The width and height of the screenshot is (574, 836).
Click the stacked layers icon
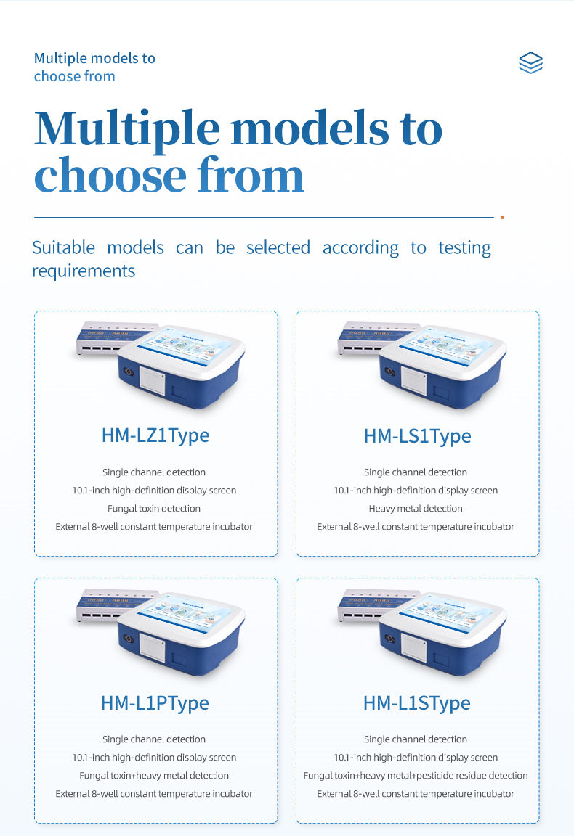coord(530,62)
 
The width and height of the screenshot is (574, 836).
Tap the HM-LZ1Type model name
coord(155,435)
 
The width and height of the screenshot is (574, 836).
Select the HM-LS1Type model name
coord(418,436)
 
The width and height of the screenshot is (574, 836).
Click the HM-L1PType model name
coord(155,703)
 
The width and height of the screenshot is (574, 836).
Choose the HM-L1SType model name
coord(417,703)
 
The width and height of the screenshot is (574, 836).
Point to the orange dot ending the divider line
coord(503,218)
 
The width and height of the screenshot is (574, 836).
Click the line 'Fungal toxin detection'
coord(154,509)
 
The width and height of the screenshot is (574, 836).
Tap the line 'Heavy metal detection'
coord(416,509)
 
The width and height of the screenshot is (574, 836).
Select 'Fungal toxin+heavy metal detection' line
coord(154,776)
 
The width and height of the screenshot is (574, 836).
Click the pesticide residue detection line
coord(416,776)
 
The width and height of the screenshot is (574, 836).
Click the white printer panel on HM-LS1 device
coord(414,381)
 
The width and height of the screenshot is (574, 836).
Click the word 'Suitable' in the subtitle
coord(63,248)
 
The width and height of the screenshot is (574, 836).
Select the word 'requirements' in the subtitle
coord(84,271)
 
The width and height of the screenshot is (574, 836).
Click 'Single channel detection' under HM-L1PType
coord(154,739)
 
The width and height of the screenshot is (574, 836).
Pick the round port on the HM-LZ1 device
coord(128,371)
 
